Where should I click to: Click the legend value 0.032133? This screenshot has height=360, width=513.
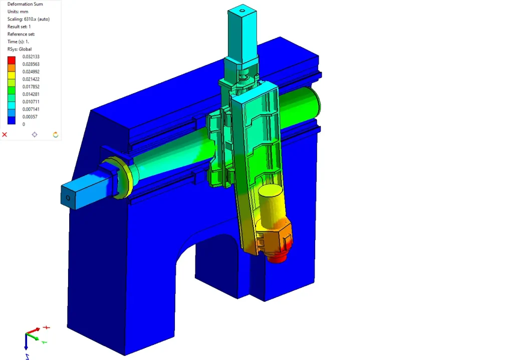(x=31, y=57)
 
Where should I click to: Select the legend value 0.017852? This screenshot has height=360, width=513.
(x=31, y=87)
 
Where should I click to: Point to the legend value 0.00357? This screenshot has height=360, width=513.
(x=30, y=117)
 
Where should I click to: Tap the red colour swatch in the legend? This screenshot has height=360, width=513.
(x=12, y=60)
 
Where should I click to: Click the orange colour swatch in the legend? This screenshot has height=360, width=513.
(x=12, y=68)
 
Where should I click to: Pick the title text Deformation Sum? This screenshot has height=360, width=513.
(x=25, y=4)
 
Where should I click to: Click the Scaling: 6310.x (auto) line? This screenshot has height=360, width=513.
(x=29, y=19)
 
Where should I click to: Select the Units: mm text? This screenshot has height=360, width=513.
(x=18, y=12)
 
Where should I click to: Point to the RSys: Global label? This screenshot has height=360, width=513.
(x=20, y=49)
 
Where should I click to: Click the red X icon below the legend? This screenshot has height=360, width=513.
(x=5, y=134)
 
